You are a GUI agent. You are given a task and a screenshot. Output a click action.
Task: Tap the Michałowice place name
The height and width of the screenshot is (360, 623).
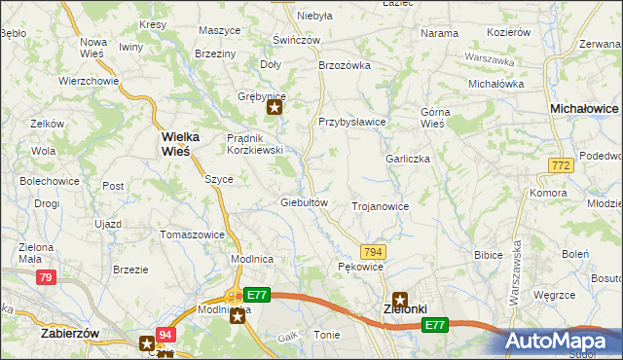(585, 109)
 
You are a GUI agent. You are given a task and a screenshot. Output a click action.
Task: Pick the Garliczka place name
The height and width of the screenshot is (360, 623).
(408, 159)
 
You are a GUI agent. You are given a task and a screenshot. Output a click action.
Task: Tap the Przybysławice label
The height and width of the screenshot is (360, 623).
(352, 122)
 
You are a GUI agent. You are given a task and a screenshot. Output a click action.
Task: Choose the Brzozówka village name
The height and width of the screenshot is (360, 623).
(346, 65)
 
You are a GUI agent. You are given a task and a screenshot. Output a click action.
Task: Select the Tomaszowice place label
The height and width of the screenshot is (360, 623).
(193, 234)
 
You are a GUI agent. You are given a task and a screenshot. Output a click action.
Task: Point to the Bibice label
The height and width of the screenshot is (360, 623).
(488, 254)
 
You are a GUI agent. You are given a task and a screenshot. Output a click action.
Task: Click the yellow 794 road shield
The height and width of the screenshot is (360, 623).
(374, 252)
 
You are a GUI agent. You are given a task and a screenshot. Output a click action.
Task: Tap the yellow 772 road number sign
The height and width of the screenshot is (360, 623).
(559, 167)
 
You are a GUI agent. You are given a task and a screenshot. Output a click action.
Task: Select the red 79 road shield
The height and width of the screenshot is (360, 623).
(45, 277)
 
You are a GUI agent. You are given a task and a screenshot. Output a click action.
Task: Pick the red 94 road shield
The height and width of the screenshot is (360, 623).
(165, 335)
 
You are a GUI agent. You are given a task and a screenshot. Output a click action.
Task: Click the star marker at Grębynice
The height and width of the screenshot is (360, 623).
(275, 108)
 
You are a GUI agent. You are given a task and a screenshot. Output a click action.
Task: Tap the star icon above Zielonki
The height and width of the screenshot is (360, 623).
(399, 301)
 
